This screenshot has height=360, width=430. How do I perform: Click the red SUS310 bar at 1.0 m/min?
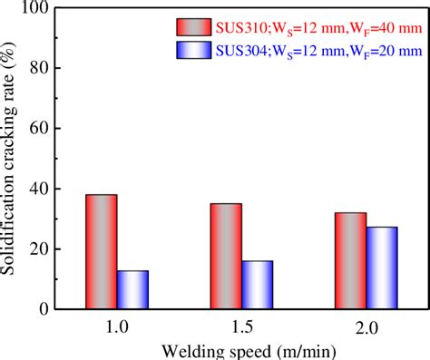(x=102, y=252)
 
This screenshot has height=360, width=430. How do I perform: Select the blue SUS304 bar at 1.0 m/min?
(x=132, y=289)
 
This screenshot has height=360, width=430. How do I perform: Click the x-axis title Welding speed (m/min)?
(x=241, y=352)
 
